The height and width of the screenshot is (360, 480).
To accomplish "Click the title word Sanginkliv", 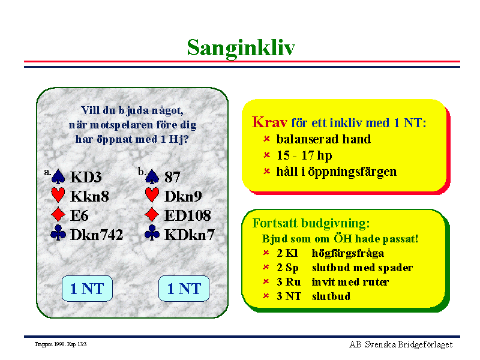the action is tap(241, 48).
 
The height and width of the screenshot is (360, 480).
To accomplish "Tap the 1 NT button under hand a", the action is tap(87, 289).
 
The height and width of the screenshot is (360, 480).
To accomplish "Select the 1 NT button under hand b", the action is tap(184, 289).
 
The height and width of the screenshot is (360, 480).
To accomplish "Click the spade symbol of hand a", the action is tap(58, 176).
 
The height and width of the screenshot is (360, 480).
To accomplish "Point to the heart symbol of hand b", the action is tap(152, 195).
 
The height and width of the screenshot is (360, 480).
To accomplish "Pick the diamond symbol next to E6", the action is tap(58, 214).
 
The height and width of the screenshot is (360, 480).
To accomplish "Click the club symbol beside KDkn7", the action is tap(152, 233).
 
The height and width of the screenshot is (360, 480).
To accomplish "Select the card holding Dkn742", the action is tap(97, 235).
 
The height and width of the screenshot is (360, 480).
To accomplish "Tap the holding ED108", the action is tap(188, 215).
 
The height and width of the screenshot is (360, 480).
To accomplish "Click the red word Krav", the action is tap(269, 122).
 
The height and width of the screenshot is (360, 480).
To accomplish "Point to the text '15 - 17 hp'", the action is tap(304, 155).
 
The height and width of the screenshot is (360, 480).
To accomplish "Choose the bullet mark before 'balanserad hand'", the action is tap(266, 139).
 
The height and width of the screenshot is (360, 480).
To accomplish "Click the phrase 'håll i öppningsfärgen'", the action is tap(337, 172).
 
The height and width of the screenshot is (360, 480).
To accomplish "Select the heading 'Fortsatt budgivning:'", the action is tap(311, 223).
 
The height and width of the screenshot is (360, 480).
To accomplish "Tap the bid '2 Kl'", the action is tap(287, 253).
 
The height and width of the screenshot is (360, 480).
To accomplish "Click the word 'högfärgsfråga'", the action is tap(348, 253).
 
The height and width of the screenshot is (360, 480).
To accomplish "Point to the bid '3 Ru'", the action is tap(289, 282).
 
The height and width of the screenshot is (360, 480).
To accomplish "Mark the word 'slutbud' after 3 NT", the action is tap(331, 296).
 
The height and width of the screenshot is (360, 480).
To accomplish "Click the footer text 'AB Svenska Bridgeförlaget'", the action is tap(401, 344).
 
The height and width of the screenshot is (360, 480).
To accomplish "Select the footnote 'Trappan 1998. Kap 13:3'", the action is tap(61, 344).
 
